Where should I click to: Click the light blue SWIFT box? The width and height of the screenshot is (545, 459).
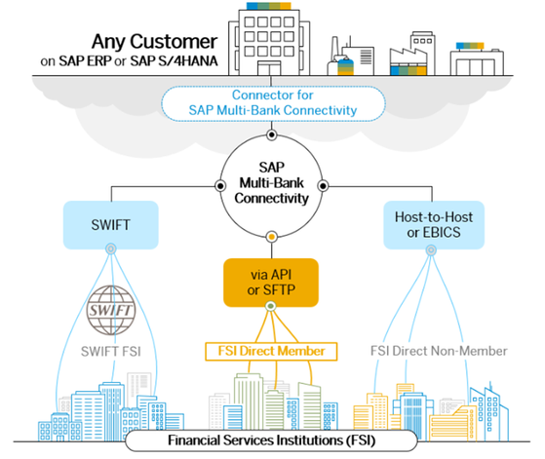point(111,225)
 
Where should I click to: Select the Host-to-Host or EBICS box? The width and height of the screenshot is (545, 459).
point(434,225)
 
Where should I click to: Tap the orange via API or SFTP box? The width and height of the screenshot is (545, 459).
point(271,283)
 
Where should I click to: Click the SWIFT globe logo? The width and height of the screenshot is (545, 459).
point(111,310)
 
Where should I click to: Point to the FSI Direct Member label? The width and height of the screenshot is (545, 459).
point(271,351)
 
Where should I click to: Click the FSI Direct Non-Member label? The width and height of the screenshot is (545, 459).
point(439,351)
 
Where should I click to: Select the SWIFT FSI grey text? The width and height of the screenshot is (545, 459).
point(111,352)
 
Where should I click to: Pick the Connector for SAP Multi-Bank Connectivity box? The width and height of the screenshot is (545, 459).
point(273,103)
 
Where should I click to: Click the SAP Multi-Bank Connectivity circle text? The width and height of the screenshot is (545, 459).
point(271,183)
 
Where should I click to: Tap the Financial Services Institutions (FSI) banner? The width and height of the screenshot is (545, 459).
point(271,440)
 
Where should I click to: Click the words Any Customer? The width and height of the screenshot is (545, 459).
point(155,42)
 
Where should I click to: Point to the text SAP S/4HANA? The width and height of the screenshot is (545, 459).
point(174,61)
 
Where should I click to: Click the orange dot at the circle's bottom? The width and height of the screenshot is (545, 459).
point(271,237)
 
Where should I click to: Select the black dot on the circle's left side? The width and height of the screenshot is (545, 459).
point(220,186)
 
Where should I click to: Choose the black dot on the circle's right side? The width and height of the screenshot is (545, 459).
point(323,186)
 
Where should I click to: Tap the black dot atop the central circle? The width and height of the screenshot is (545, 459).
point(271,134)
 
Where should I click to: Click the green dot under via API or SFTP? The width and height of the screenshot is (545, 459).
point(271,306)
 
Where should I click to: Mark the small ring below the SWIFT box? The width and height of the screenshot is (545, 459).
point(111,249)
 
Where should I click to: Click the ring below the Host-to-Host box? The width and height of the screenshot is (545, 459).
point(431,249)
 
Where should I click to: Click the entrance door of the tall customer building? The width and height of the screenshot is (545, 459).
point(269,68)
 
